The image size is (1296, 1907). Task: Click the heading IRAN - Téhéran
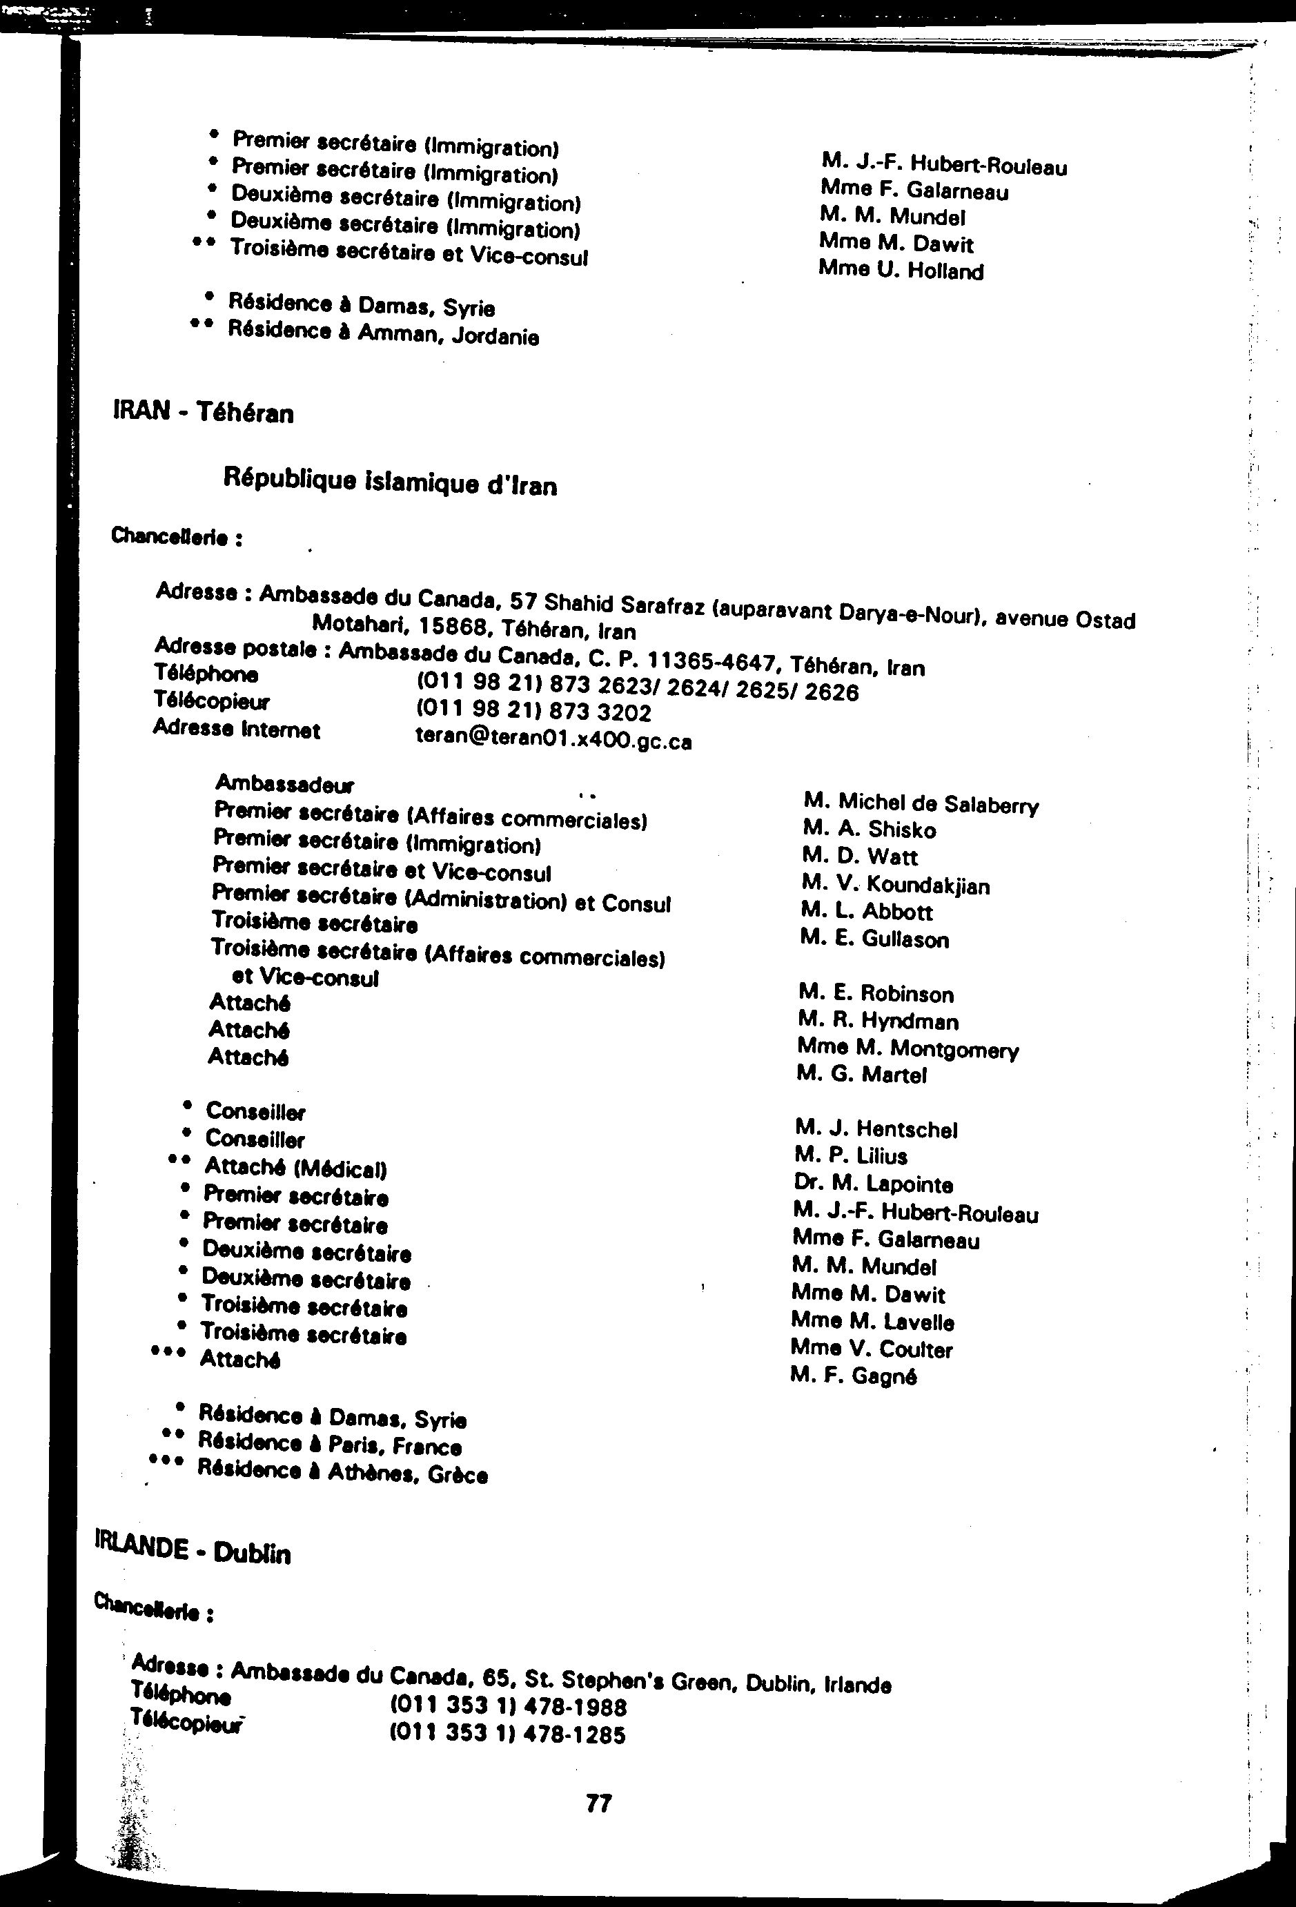(x=204, y=412)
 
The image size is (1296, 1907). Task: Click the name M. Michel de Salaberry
(x=921, y=803)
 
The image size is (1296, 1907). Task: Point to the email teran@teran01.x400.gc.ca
(x=553, y=739)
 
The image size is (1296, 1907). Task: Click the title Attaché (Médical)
(x=295, y=1167)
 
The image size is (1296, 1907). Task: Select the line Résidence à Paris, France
(x=330, y=1443)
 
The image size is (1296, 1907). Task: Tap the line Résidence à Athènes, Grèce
(x=343, y=1472)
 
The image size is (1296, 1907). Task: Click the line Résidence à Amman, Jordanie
(x=383, y=333)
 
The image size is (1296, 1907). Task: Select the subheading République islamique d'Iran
(x=390, y=482)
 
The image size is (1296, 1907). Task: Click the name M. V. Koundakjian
(x=895, y=885)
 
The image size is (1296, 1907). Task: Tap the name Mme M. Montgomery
(x=907, y=1048)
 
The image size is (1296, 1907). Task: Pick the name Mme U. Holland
(x=901, y=270)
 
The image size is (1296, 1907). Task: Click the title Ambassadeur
(x=284, y=785)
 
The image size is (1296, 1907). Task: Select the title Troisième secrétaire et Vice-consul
(x=409, y=253)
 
